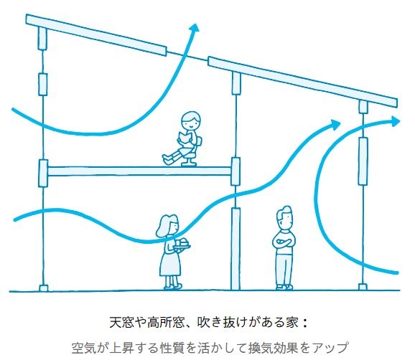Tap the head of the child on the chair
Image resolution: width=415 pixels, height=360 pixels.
point(190,120)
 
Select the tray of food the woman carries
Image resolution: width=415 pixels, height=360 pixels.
point(182,245)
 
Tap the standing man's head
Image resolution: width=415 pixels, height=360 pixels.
point(284,218)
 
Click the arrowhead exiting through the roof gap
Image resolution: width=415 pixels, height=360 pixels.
point(194,27)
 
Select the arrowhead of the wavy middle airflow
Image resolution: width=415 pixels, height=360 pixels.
point(335,125)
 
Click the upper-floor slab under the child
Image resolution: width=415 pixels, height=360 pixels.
point(139,171)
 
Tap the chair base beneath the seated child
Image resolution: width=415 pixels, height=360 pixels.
point(189,161)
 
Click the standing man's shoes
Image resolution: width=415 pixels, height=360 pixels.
point(284,287)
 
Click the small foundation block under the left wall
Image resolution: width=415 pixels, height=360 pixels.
point(43,288)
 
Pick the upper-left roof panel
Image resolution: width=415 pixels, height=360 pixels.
point(96,35)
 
